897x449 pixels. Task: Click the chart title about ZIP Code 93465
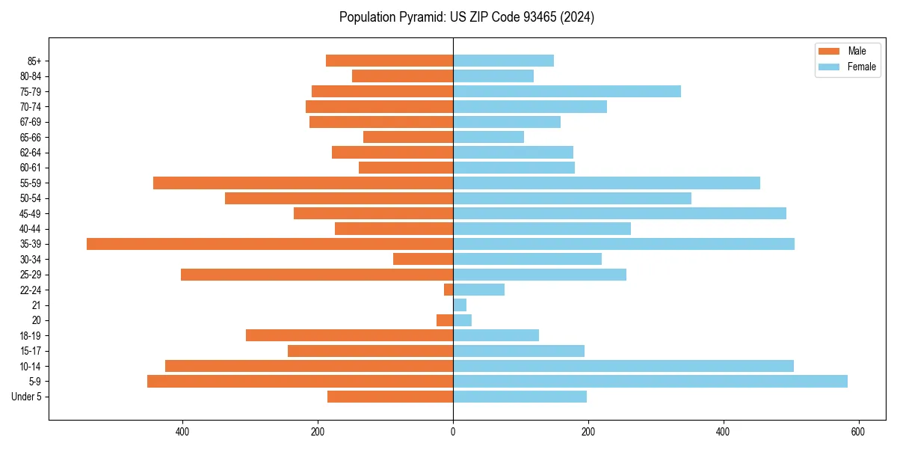[x=466, y=17]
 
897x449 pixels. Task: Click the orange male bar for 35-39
[x=270, y=244]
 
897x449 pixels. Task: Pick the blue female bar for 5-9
[x=650, y=381]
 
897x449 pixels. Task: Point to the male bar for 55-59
[x=303, y=183]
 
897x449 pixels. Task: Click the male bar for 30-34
[x=423, y=259]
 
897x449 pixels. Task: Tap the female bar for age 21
[x=460, y=305]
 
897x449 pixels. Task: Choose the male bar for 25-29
[x=317, y=275]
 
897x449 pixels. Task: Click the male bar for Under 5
[x=390, y=397]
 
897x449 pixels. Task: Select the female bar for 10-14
[x=623, y=366]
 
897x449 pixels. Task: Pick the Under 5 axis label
[x=26, y=397]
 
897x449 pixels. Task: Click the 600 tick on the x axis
[x=857, y=432]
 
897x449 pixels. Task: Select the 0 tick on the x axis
[x=453, y=432]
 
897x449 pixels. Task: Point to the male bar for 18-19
[x=349, y=335]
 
